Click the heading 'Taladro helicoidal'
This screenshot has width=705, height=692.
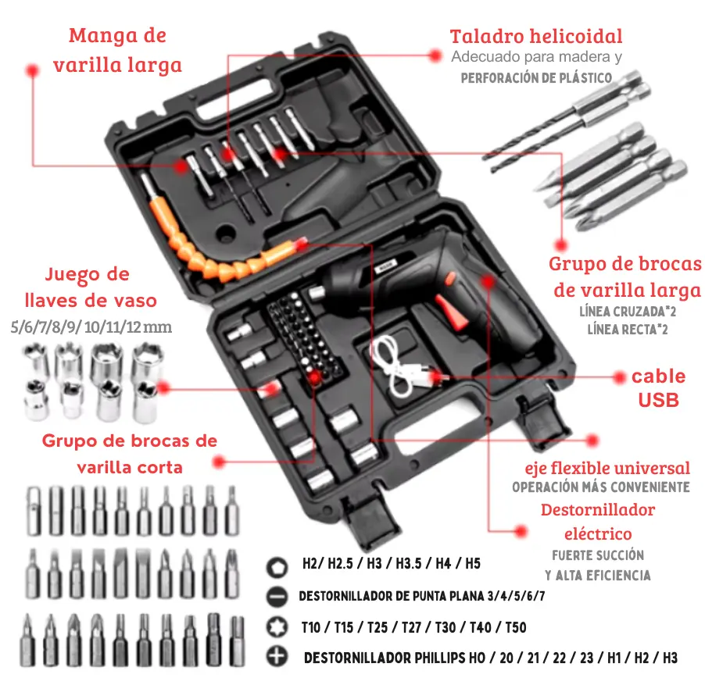[536, 37]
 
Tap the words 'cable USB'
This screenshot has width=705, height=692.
[658, 388]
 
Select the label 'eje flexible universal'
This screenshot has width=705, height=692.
[607, 468]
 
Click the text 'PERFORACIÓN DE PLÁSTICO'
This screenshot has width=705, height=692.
[536, 78]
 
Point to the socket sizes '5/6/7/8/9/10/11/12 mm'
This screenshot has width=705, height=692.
[91, 327]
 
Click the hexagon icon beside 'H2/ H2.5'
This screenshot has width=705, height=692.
[277, 567]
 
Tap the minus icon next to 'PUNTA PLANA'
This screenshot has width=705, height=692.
[277, 597]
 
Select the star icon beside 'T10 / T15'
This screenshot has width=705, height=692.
[277, 627]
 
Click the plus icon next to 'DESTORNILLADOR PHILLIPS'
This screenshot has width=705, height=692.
[277, 657]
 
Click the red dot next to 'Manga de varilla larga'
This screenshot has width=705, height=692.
[32, 70]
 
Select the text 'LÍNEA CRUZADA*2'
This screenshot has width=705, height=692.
[627, 312]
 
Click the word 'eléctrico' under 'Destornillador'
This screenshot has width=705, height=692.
[598, 533]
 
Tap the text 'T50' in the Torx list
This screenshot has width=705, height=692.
[516, 627]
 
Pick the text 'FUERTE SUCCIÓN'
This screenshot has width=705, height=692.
[598, 555]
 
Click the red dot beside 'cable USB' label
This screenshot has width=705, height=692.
[620, 377]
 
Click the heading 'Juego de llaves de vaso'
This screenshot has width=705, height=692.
[91, 287]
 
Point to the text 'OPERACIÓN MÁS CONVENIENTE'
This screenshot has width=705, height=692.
[601, 487]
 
